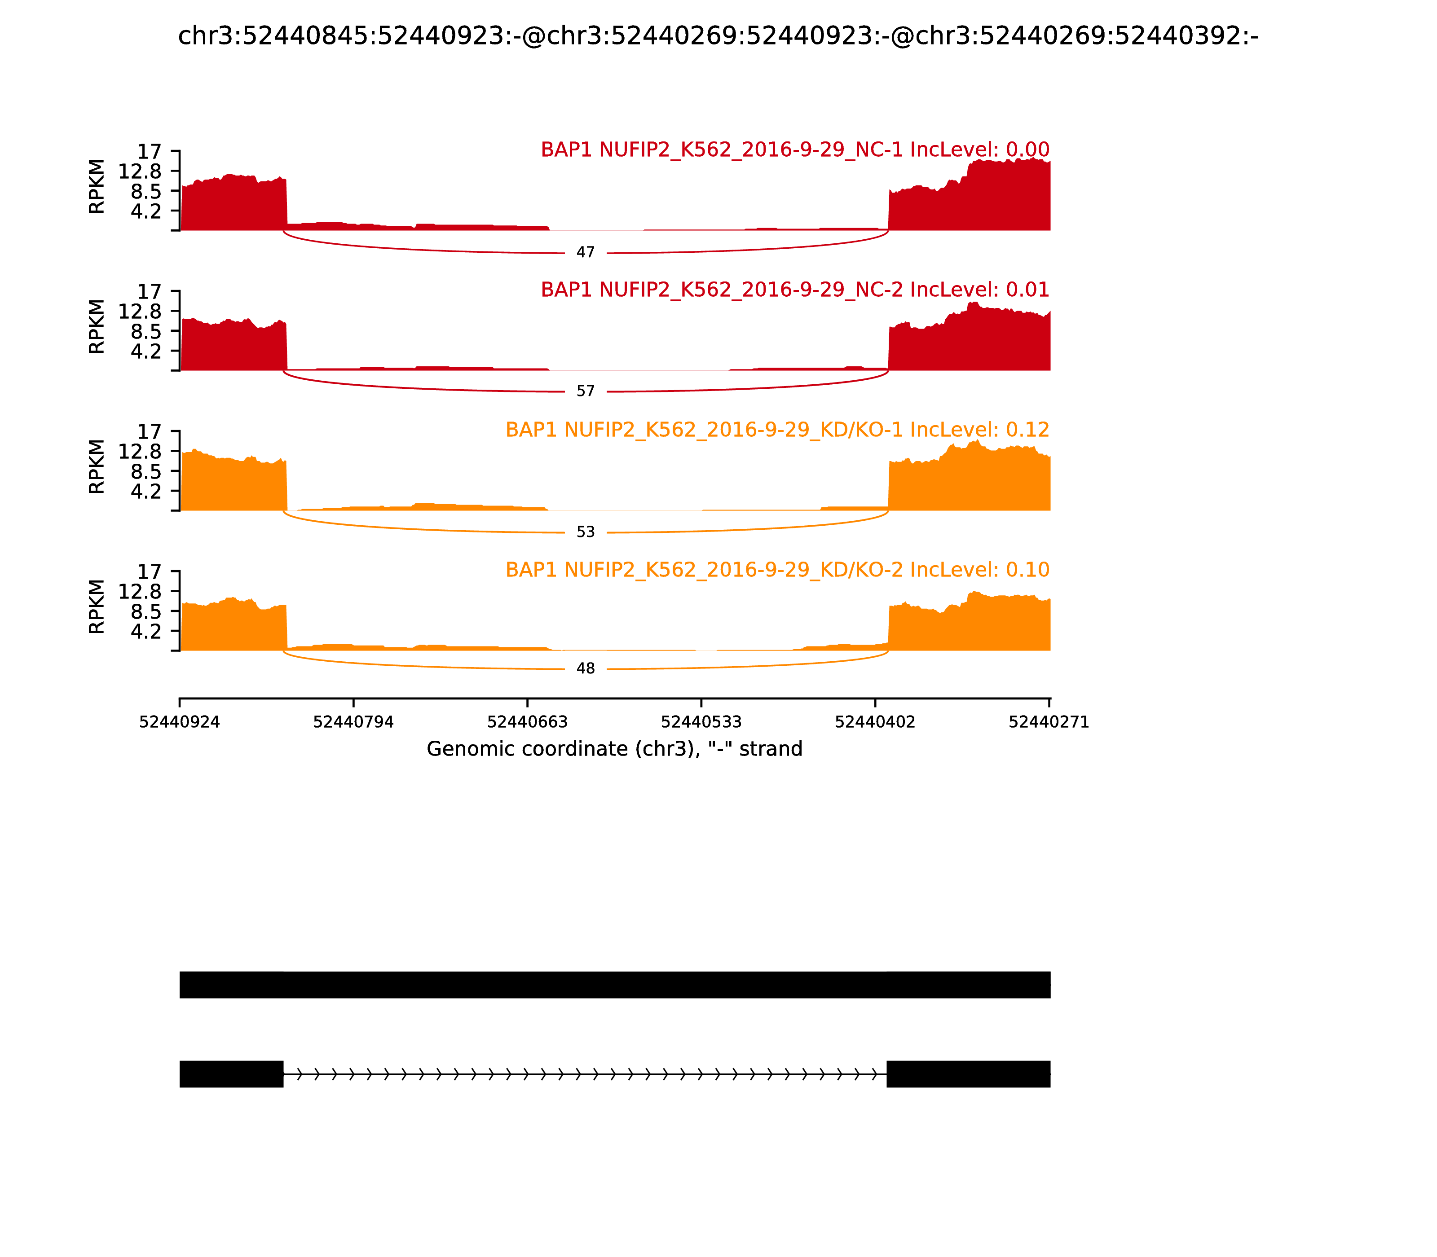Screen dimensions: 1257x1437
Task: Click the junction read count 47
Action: (585, 252)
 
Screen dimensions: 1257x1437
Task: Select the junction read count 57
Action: (585, 391)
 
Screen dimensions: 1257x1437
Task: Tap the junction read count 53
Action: (585, 532)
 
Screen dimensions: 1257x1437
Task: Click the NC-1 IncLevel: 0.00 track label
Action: (794, 150)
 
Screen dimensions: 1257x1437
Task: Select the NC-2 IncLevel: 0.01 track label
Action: (794, 290)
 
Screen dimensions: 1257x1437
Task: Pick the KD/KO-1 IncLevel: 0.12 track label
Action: (777, 430)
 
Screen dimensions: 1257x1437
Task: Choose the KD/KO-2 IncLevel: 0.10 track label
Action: (777, 570)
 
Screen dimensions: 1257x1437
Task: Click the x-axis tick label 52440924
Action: (180, 722)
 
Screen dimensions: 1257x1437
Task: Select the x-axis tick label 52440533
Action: (701, 722)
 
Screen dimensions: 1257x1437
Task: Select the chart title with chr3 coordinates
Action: (718, 36)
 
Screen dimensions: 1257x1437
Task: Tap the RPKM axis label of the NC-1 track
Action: (97, 187)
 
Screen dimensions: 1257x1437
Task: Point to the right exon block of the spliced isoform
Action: (968, 1074)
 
